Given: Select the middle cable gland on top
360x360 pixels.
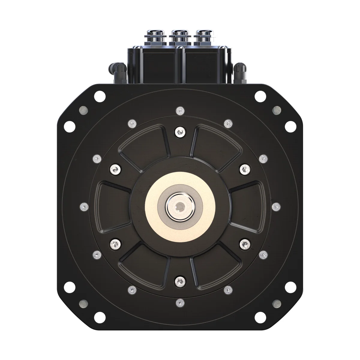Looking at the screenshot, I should click(180, 36).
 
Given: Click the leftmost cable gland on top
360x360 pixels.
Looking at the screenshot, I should click(155, 36).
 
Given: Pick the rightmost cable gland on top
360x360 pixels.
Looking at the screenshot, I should click(204, 36).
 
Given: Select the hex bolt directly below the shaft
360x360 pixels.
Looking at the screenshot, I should click(180, 281).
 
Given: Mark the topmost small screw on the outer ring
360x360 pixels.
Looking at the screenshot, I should click(180, 111).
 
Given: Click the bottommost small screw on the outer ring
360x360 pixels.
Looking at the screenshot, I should click(180, 301).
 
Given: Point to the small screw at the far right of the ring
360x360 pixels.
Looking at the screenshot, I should click(275, 206).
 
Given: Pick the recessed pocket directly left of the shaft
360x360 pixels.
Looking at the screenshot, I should click(112, 206).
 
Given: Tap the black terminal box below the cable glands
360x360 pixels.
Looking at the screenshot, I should click(180, 64).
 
